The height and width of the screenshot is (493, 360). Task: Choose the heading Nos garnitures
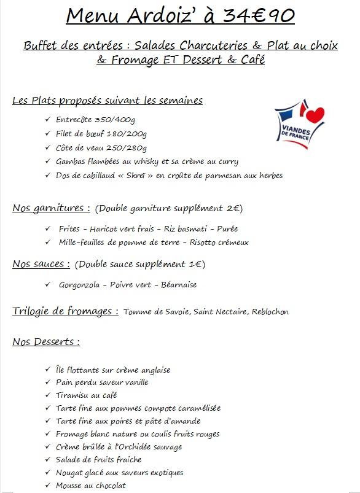point(51,208)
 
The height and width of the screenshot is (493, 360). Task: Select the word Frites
point(69,229)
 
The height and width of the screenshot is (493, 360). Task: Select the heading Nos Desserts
point(45,342)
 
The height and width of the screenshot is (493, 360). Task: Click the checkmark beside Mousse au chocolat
point(48,486)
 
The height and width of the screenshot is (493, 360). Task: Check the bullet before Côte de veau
point(48,148)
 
